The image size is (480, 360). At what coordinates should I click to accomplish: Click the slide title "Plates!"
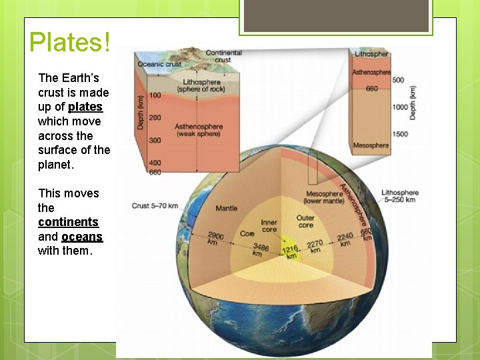(69, 42)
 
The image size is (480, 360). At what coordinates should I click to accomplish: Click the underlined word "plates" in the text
(85, 107)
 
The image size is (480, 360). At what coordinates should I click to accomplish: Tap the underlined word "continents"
(68, 222)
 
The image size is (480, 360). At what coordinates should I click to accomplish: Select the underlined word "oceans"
(82, 237)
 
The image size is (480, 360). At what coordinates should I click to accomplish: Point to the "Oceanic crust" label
(159, 64)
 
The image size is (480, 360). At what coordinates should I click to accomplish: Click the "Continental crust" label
(223, 56)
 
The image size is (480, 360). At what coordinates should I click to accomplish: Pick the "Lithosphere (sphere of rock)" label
(201, 86)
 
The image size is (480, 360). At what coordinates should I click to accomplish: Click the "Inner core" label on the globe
(269, 227)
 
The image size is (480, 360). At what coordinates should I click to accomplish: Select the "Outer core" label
(305, 221)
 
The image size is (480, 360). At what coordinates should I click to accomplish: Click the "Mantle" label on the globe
(226, 209)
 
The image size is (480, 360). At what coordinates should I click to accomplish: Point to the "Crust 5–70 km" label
(155, 206)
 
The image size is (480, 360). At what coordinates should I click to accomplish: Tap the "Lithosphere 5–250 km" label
(400, 196)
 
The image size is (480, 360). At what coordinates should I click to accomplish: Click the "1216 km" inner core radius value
(290, 252)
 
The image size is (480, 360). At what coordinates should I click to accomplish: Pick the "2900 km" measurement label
(215, 239)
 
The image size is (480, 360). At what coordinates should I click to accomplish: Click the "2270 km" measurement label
(315, 247)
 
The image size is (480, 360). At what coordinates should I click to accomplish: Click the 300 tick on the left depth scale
(155, 141)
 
